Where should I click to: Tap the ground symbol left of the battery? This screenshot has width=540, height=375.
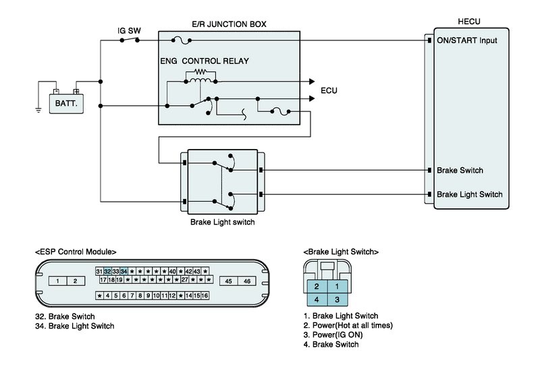coord(38,107)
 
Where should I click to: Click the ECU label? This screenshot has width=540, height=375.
coord(329,90)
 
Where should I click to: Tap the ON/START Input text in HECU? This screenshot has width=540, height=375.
coord(467,40)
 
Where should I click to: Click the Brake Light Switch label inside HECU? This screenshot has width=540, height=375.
coord(470,194)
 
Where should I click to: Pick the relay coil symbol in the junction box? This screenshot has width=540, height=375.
coord(200,80)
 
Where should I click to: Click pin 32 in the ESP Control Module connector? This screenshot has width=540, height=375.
coord(107,270)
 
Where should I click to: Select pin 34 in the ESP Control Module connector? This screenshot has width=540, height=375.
coord(124,270)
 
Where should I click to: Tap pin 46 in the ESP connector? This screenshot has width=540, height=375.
coord(247,281)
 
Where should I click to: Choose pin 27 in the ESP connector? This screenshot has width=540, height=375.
coord(185,279)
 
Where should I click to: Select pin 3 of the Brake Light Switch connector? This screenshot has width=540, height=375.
coord(337,298)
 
